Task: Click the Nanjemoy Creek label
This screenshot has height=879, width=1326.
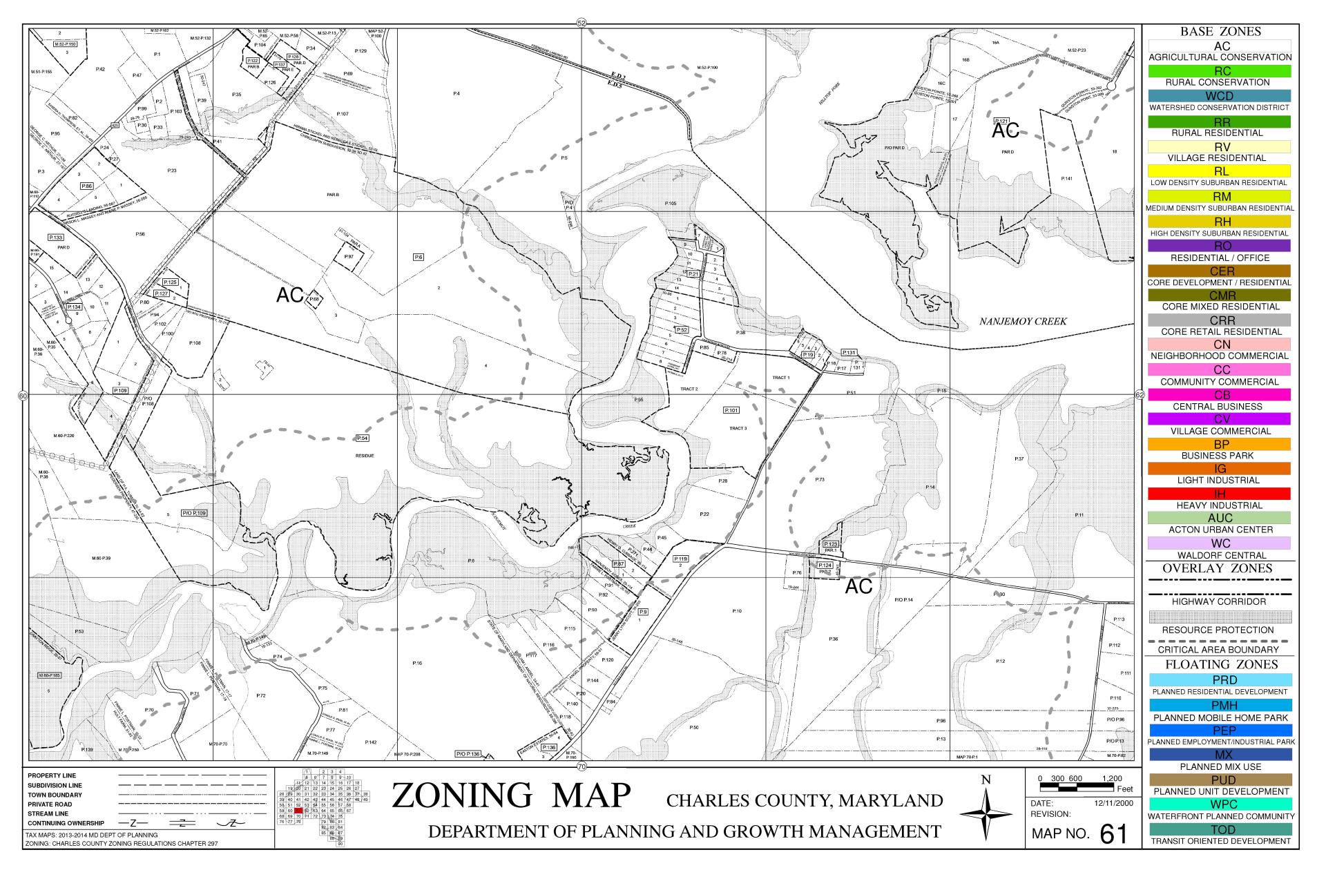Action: (x=1023, y=321)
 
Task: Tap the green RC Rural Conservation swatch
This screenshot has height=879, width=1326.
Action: (x=1220, y=71)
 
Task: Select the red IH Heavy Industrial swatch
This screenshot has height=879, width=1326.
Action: (x=1220, y=494)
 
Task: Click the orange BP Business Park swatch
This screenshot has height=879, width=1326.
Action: (x=1220, y=444)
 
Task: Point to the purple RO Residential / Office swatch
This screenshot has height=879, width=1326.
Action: (x=1220, y=246)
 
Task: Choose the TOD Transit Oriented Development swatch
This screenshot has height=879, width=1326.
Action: (x=1220, y=829)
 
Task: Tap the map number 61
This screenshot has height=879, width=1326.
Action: (x=1113, y=834)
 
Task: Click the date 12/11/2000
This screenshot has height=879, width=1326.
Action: (x=1113, y=803)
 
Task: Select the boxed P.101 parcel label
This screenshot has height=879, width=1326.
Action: (x=731, y=410)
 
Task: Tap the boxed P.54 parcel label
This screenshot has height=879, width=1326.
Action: (x=362, y=438)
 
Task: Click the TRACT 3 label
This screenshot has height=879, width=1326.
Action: (x=738, y=428)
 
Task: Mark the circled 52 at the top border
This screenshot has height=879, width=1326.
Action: (x=582, y=23)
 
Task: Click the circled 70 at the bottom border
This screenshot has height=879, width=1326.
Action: (x=582, y=766)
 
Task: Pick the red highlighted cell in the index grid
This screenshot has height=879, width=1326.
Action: (x=298, y=811)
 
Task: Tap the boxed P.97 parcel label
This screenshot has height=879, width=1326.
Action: (x=349, y=256)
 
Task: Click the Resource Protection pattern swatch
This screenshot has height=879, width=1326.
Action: (x=1220, y=617)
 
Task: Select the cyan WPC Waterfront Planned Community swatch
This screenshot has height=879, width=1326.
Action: (x=1220, y=804)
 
